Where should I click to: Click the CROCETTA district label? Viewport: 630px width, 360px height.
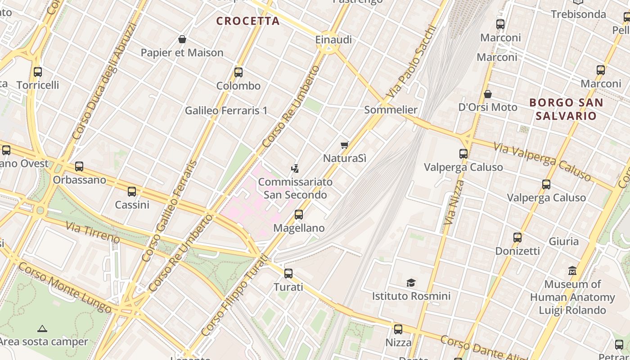tap(248, 21)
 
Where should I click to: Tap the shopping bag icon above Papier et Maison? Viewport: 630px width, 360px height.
tap(182, 39)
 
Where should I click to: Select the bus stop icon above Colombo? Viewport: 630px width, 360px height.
tap(238, 72)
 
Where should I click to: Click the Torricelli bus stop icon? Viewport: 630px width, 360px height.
tap(38, 72)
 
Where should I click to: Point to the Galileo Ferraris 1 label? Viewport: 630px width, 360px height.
tap(226, 110)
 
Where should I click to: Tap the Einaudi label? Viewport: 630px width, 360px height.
tap(333, 40)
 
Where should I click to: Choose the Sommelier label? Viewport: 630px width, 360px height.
tap(391, 109)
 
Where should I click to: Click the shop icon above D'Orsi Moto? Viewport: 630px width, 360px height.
tap(488, 94)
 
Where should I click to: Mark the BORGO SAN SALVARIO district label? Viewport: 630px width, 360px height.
tap(566, 109)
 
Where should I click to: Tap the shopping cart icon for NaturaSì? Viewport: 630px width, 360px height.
tap(345, 145)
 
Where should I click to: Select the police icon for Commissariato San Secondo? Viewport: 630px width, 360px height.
tap(295, 169)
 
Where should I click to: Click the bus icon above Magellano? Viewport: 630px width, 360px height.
tap(299, 215)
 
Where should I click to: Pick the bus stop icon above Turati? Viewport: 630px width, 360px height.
tap(288, 273)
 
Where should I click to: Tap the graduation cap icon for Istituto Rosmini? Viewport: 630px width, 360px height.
tap(411, 283)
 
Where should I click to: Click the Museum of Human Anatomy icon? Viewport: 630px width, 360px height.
tap(572, 271)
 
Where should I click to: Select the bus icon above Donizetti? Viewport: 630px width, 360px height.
tap(517, 237)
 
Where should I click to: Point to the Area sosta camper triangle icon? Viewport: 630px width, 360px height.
tap(42, 328)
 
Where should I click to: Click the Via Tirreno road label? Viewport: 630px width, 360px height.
tap(93, 232)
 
